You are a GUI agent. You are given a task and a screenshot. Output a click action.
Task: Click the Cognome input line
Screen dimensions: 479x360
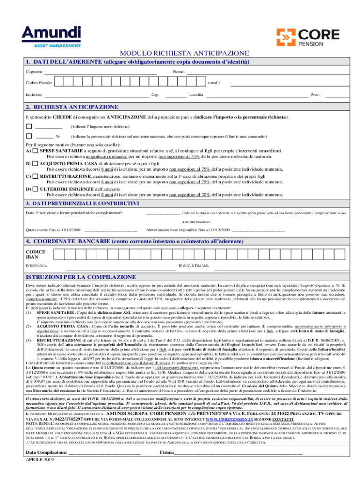coord(100,73)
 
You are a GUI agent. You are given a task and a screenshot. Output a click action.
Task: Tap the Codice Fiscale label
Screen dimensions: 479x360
coord(39,83)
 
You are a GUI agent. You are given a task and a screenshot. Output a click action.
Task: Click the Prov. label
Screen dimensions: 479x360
coord(315,95)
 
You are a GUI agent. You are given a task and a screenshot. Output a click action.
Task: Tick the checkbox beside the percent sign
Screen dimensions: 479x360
coord(29,136)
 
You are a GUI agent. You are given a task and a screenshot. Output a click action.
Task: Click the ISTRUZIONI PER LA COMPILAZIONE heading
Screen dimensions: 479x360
coord(74,277)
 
